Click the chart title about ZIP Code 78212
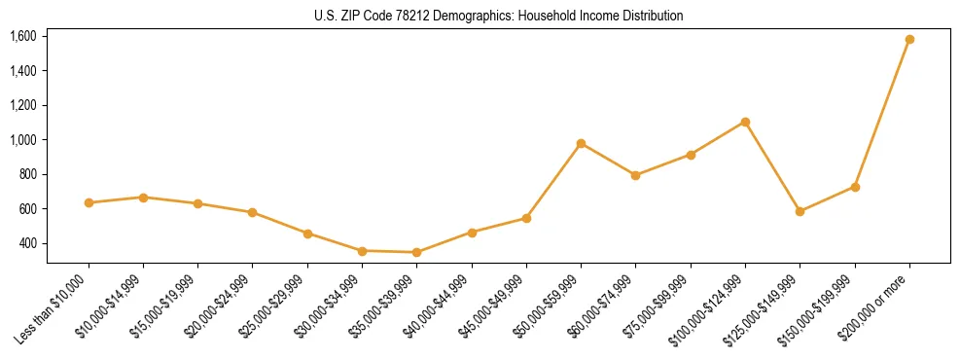pos(499,16)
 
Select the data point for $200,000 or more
pos(909,39)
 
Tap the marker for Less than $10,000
pos(89,202)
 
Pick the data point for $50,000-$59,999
pos(581,143)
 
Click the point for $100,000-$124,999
pos(745,122)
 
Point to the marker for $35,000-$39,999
pos(416,252)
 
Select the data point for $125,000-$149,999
pos(800,211)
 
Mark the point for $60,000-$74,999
pos(635,175)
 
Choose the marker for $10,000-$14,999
pos(143,198)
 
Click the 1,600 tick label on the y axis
pos(22,36)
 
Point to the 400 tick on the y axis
pos(27,243)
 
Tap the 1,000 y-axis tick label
pos(22,140)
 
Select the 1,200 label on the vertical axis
pos(22,105)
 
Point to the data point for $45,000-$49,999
pos(526,218)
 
